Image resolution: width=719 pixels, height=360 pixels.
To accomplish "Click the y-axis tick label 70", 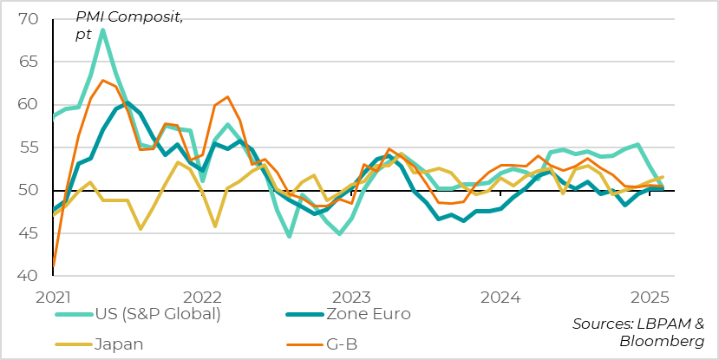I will (29, 19).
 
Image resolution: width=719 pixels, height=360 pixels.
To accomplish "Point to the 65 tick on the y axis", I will (29, 62).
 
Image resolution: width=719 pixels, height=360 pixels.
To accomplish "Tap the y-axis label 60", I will (29, 105).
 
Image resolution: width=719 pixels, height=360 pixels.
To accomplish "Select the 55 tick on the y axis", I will (29, 147).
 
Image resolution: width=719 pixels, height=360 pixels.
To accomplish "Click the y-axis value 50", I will (29, 191).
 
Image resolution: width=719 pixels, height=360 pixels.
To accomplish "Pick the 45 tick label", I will (29, 233).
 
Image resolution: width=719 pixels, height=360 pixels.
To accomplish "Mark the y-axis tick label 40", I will (29, 276).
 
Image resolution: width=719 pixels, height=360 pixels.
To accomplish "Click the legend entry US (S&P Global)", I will (160, 314).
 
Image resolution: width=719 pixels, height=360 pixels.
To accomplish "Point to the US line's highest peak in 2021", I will (103, 30).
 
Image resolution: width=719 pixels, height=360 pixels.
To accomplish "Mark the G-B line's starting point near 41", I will (54, 265).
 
